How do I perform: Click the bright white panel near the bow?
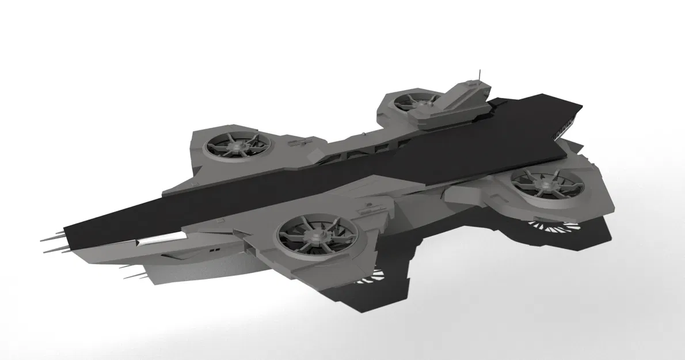pyautogui.click(x=155, y=241)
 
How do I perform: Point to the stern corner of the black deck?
pyautogui.click(x=581, y=107)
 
